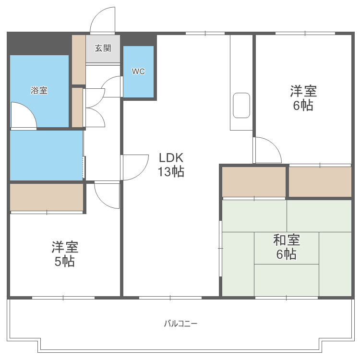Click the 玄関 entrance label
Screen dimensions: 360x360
(103, 48)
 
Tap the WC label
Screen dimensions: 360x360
(138, 72)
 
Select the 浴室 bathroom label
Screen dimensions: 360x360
(39, 90)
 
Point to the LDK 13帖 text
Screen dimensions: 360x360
(171, 165)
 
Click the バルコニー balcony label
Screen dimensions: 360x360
(180, 323)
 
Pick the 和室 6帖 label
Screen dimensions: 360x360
(286, 247)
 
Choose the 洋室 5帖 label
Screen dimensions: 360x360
(65, 254)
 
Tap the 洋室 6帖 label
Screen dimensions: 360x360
(303, 98)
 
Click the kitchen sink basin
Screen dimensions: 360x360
(241, 106)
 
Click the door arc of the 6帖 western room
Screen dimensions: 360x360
(268, 150)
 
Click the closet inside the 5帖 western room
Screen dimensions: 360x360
(47, 197)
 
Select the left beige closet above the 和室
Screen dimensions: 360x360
(254, 181)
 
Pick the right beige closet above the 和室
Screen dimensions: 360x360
(320, 181)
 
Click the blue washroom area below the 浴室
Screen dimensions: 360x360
(46, 155)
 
